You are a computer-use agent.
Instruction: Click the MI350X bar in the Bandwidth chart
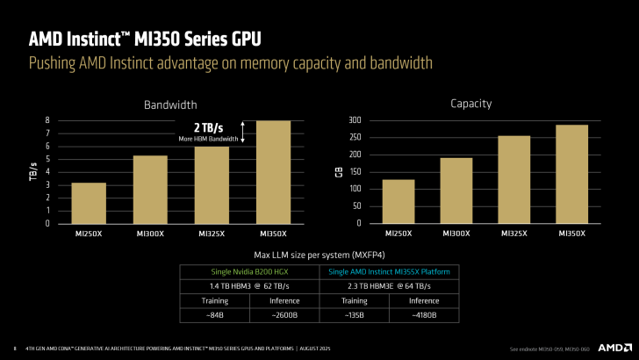pos(273,172)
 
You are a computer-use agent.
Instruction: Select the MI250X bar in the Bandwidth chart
pos(88,203)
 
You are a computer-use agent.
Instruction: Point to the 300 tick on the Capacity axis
pos(355,119)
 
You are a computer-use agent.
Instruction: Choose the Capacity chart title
pos(471,104)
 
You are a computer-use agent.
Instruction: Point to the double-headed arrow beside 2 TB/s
pos(242,133)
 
